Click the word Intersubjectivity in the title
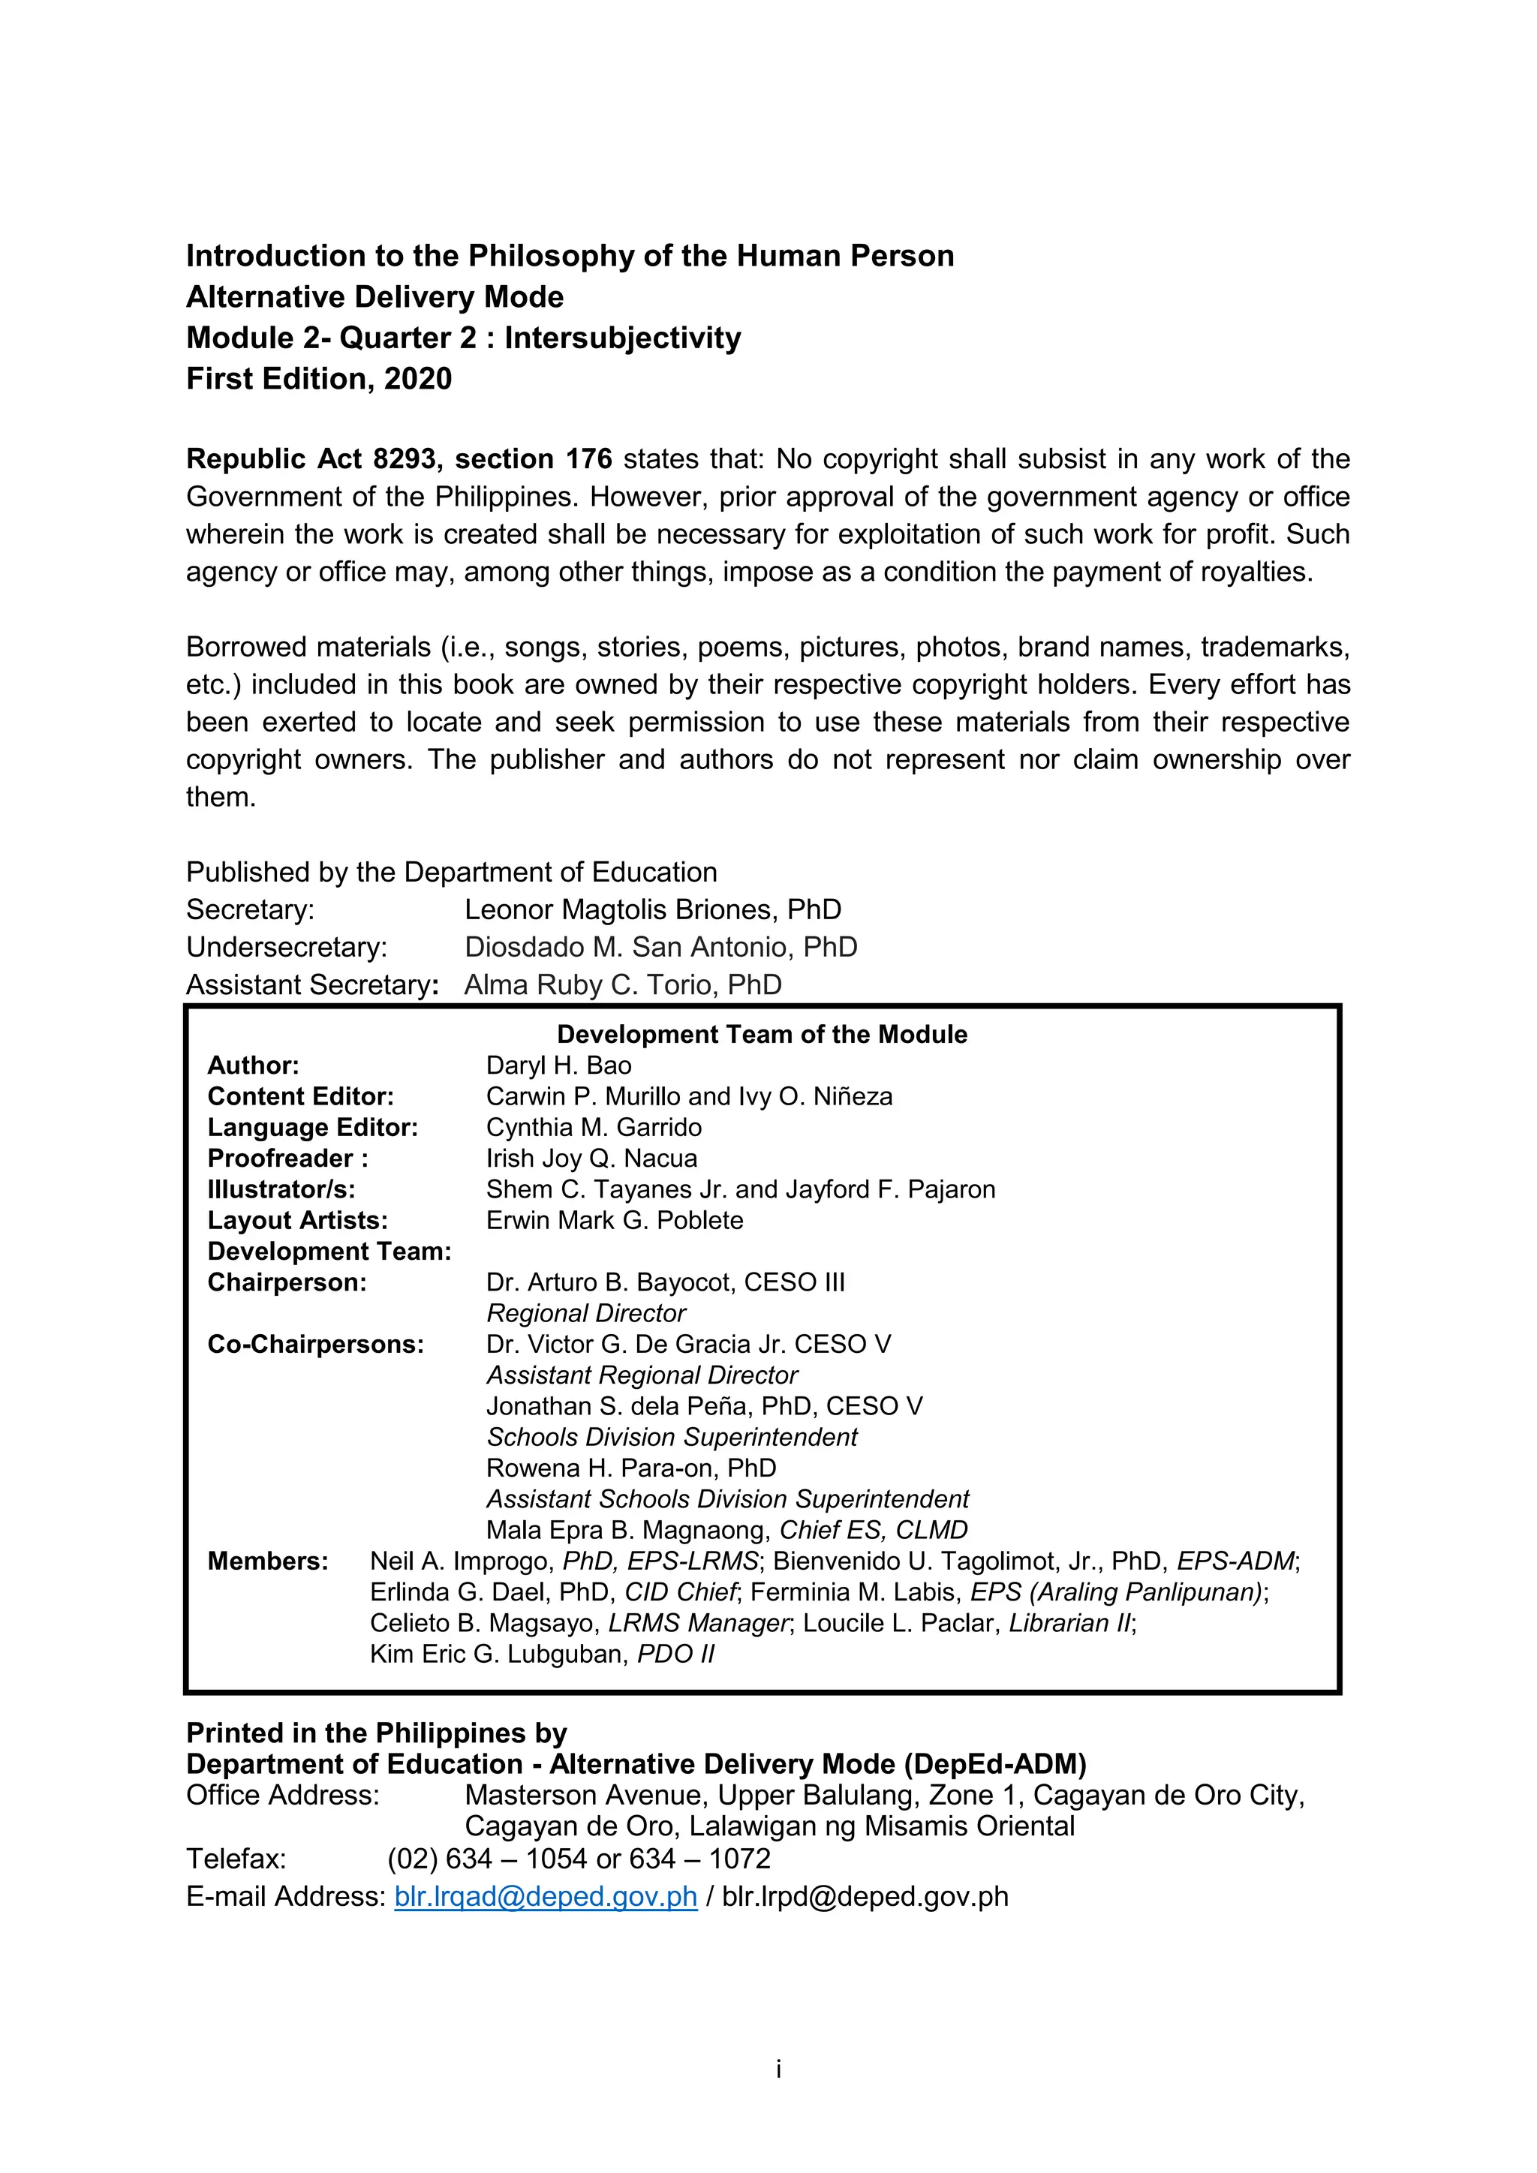(x=622, y=338)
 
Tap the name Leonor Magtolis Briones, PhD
(x=652, y=909)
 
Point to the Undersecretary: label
(x=286, y=948)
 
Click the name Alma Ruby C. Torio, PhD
(x=622, y=985)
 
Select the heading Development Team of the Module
(x=762, y=1035)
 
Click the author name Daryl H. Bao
(x=558, y=1065)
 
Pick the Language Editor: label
(x=312, y=1127)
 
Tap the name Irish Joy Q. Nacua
(x=591, y=1159)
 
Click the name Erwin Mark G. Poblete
(x=614, y=1220)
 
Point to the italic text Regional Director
(x=586, y=1314)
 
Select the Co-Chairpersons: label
(x=315, y=1344)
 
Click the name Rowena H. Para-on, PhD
(x=630, y=1468)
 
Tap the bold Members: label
(x=268, y=1561)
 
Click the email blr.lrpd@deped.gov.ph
(x=864, y=1897)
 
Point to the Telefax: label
(x=236, y=1859)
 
